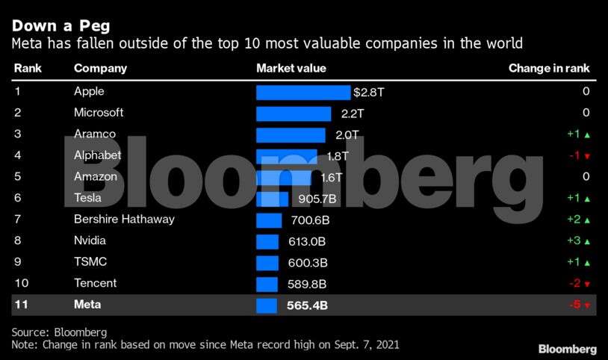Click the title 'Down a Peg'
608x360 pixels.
(61, 25)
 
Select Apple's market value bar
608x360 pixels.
(303, 92)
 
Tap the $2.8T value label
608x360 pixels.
(368, 92)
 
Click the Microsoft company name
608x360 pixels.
(99, 113)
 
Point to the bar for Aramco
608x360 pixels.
(291, 134)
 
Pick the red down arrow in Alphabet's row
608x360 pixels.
(587, 157)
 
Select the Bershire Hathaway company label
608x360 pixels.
(124, 220)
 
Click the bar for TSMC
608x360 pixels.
(267, 263)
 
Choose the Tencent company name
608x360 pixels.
(96, 284)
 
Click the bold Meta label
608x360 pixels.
(87, 305)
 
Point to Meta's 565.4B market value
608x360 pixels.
(307, 305)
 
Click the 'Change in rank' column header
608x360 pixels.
(549, 69)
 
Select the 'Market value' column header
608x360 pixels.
(291, 69)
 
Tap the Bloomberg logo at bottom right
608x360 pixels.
(568, 349)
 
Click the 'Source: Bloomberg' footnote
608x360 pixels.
(60, 332)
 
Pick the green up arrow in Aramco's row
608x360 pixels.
(587, 135)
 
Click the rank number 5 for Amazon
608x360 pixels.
(17, 177)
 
